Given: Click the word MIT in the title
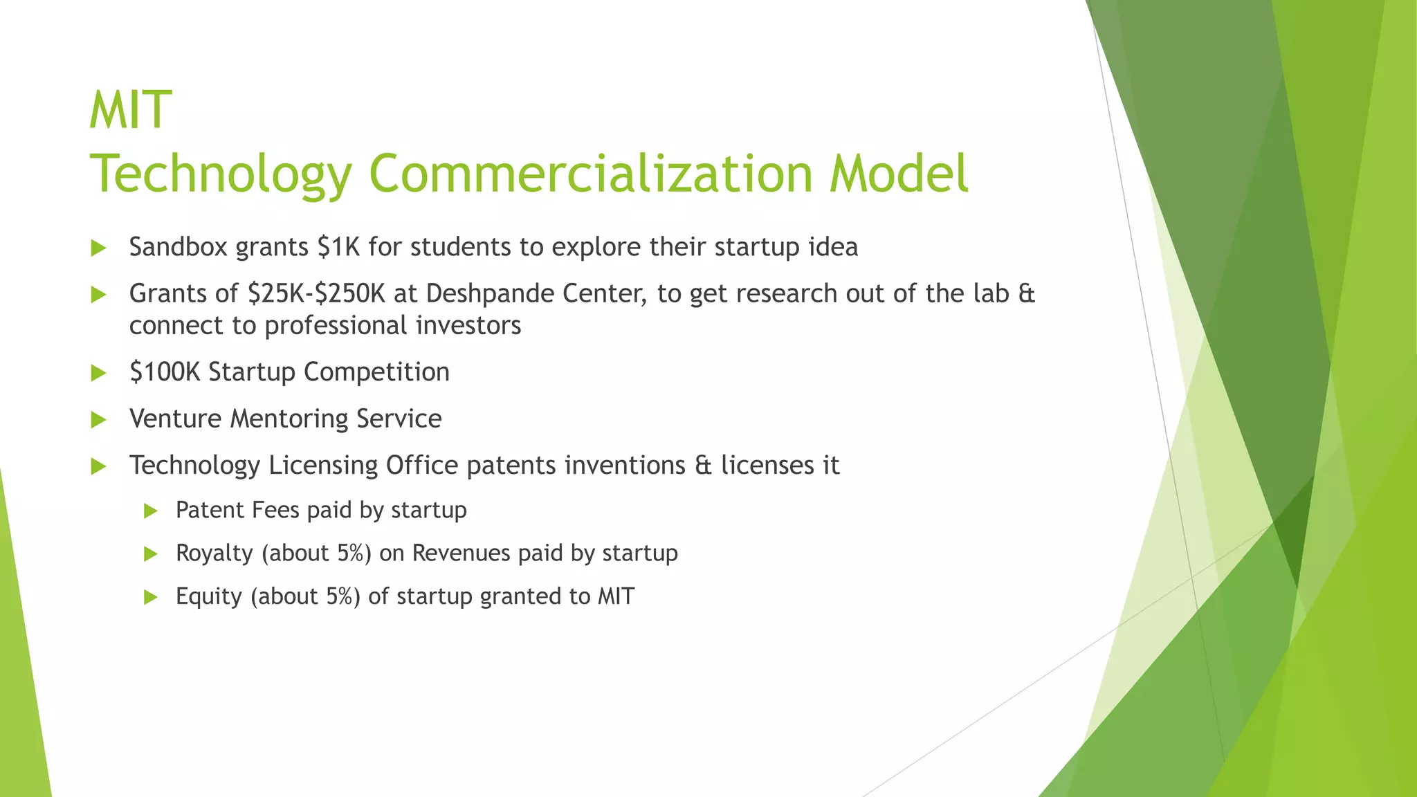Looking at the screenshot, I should [x=130, y=111].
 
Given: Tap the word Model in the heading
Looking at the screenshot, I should [x=898, y=174].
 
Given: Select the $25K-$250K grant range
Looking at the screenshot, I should [x=316, y=294].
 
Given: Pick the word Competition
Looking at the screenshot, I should [x=376, y=372].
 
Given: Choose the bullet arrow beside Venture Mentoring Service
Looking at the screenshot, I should [x=98, y=420].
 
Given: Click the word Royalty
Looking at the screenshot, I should [x=214, y=553].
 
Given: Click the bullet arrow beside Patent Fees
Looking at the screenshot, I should [x=151, y=511].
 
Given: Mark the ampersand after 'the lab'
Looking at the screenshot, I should [x=1027, y=294].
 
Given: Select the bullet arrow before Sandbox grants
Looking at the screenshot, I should [x=98, y=248].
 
